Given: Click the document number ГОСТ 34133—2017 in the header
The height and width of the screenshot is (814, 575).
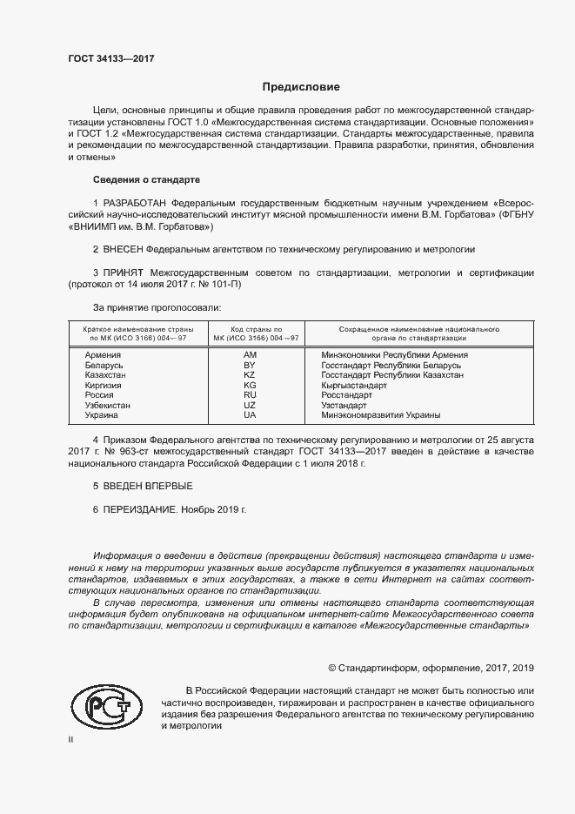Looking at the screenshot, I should pyautogui.click(x=110, y=59).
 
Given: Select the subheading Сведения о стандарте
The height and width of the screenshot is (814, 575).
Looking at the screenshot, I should pyautogui.click(x=146, y=179).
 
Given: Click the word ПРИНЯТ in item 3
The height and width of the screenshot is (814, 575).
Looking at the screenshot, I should pyautogui.click(x=124, y=273).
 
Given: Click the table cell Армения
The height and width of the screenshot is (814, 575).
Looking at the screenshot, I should pyautogui.click(x=103, y=355).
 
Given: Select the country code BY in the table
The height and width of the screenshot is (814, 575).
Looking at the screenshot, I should pyautogui.click(x=251, y=365).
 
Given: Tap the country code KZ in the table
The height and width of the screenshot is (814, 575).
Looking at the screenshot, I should pyautogui.click(x=251, y=375).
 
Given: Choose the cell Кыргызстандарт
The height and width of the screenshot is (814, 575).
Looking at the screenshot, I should pyautogui.click(x=354, y=385).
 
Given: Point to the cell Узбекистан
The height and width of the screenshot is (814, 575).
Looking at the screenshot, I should pyautogui.click(x=108, y=405).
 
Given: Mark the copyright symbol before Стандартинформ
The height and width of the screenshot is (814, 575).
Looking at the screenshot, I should pyautogui.click(x=332, y=668).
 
